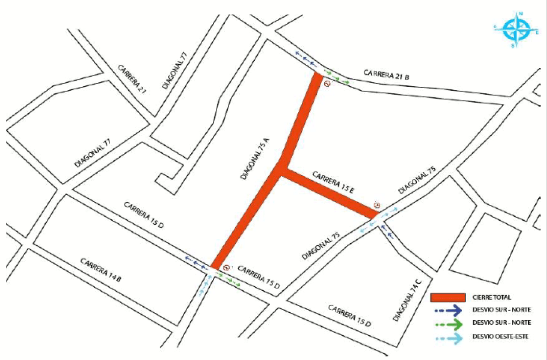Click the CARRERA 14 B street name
click(x=101, y=270)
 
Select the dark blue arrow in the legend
click(x=447, y=310)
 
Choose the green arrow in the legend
click(x=447, y=323)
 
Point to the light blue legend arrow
click(x=447, y=336)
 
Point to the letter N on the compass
click(x=521, y=14)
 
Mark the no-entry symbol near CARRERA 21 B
click(x=327, y=83)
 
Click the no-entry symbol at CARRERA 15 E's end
click(x=377, y=206)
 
